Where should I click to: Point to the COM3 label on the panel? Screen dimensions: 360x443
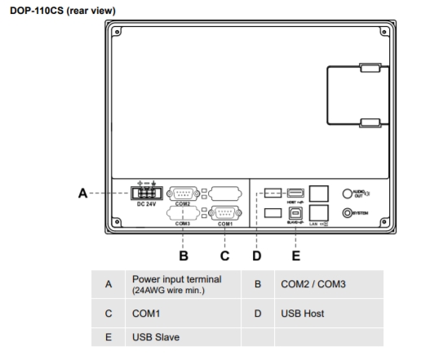click(184, 224)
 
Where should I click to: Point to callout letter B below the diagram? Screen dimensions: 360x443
click(184, 255)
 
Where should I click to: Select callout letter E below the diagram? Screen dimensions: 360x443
click(296, 255)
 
